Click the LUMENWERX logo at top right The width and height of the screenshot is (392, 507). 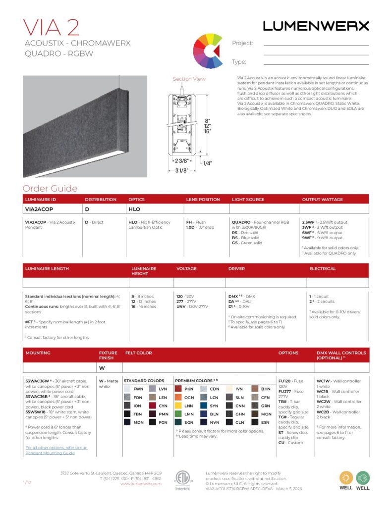click(x=316, y=26)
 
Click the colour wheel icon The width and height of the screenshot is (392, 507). click(x=207, y=51)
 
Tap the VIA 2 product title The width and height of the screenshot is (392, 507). click(x=52, y=27)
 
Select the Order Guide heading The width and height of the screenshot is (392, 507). click(x=50, y=188)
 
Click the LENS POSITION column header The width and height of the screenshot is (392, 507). click(x=203, y=200)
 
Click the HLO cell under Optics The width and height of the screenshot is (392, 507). click(x=134, y=209)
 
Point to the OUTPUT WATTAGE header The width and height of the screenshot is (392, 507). click(x=322, y=200)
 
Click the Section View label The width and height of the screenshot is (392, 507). click(x=189, y=79)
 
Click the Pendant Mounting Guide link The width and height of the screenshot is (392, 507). click(x=56, y=450)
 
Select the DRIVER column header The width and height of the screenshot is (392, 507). click(x=236, y=268)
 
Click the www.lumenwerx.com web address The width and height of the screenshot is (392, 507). click(x=141, y=484)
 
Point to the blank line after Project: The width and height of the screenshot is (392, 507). click(x=316, y=44)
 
